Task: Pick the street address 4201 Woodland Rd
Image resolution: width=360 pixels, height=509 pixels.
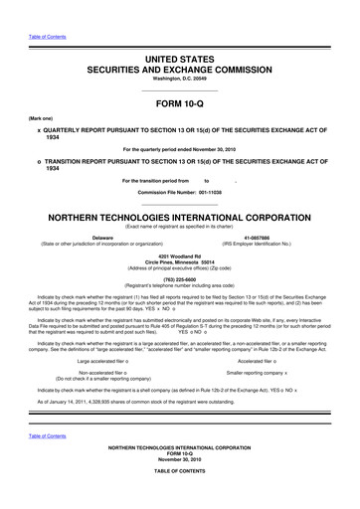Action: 179,256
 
